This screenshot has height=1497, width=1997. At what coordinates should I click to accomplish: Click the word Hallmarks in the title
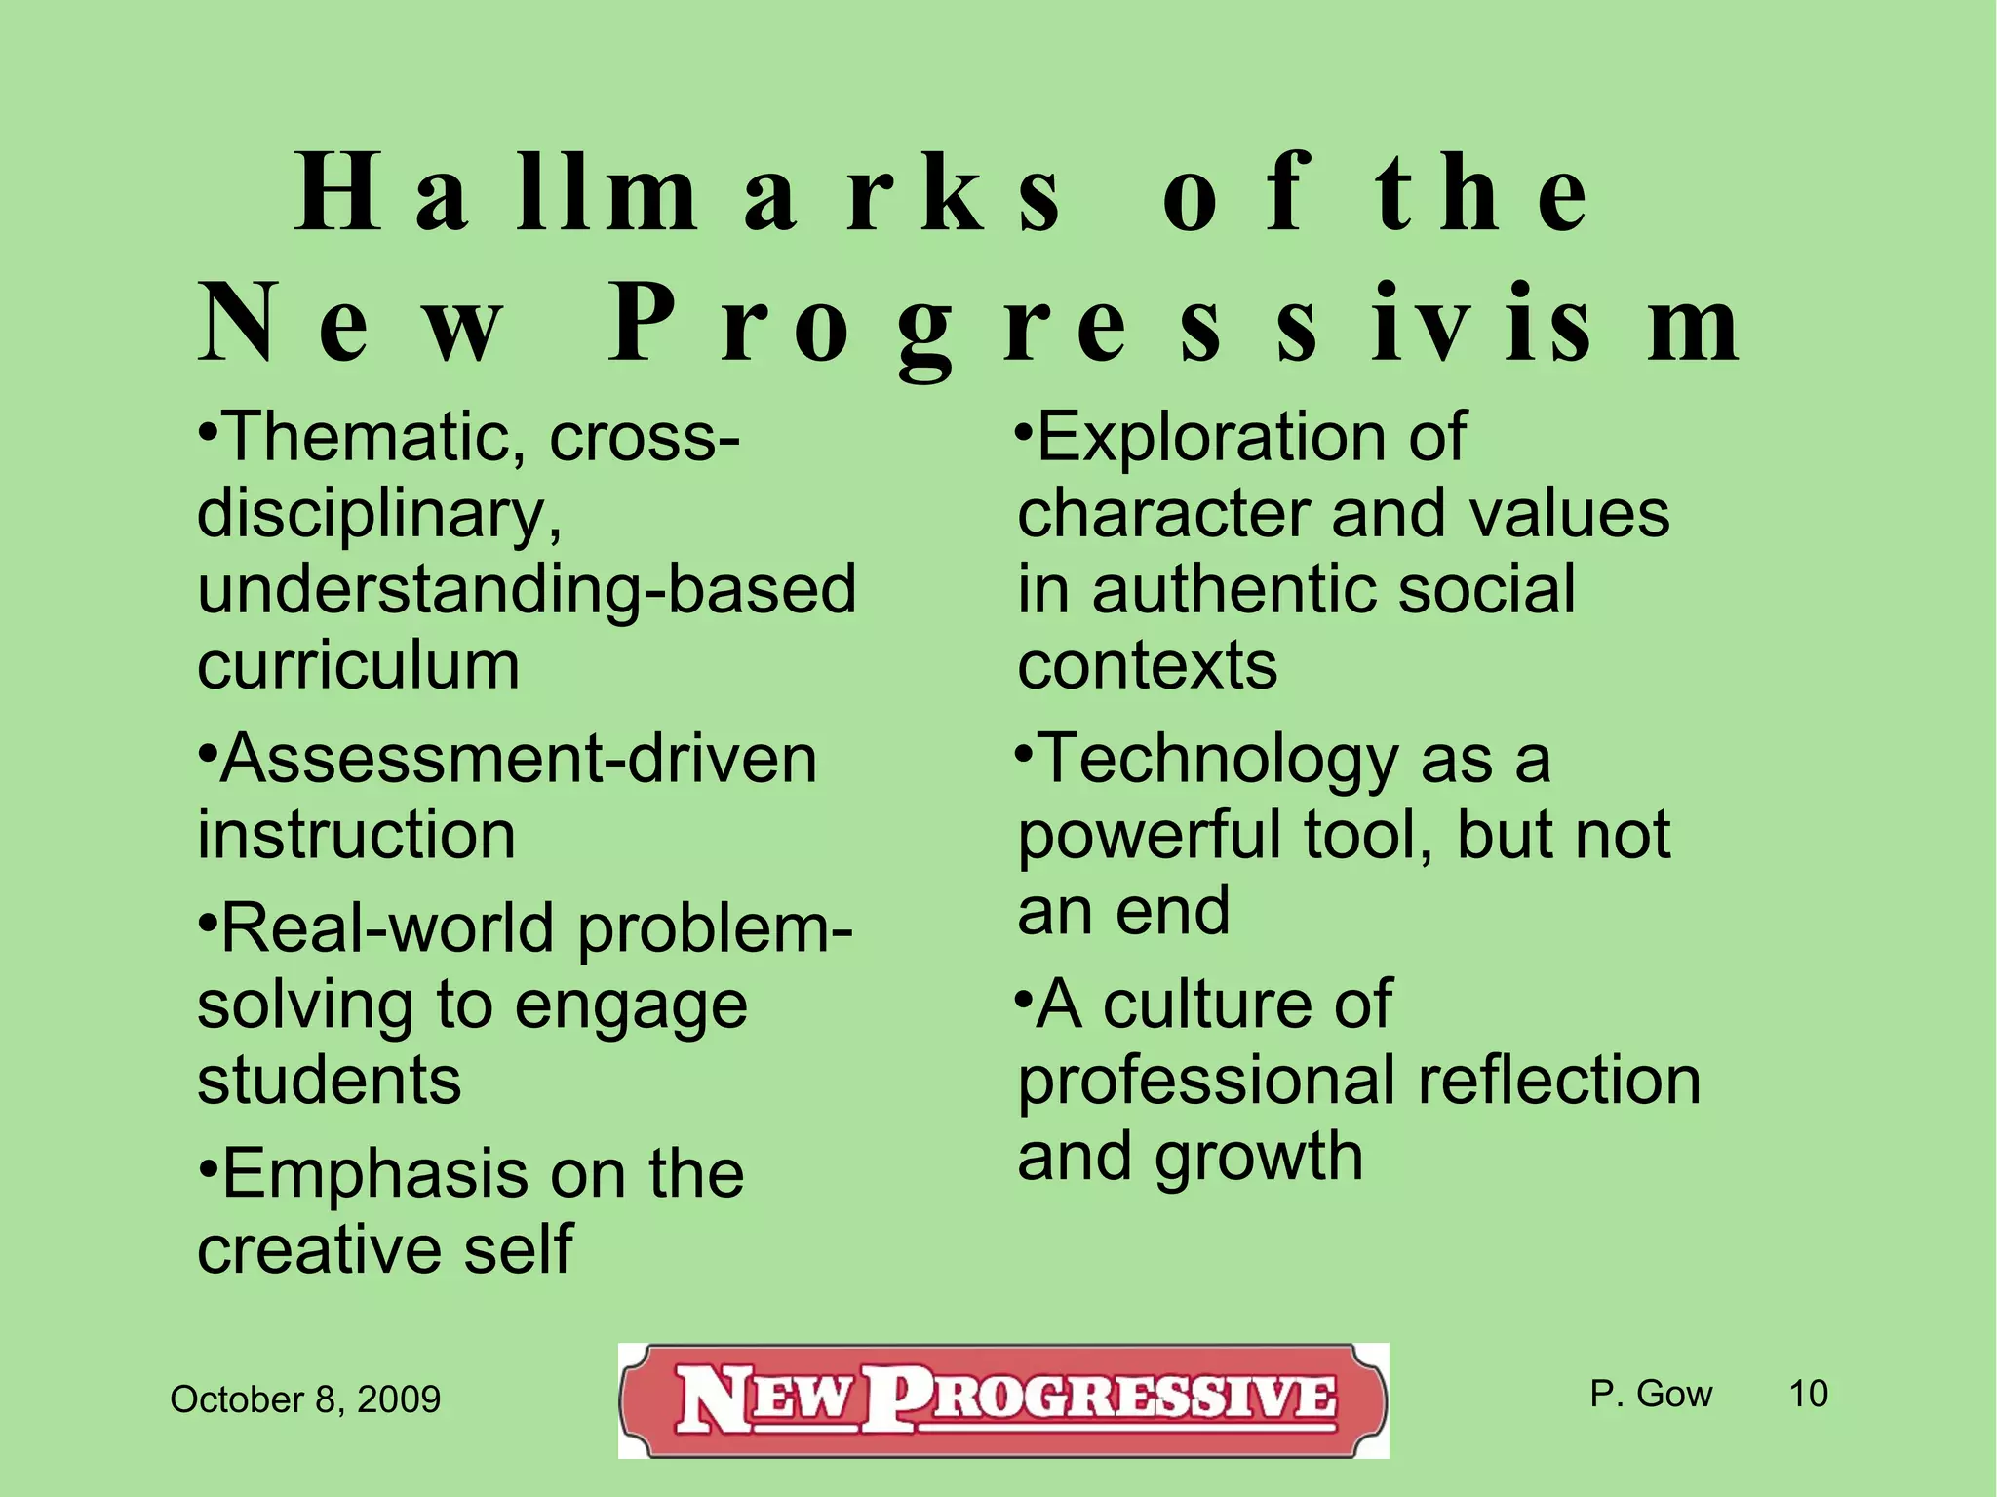click(x=678, y=194)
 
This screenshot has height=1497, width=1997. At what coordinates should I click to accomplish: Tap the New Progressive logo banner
click(x=1003, y=1400)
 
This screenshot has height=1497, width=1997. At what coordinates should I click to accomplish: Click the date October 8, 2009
click(x=305, y=1399)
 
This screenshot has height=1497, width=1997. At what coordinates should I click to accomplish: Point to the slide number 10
click(x=1808, y=1394)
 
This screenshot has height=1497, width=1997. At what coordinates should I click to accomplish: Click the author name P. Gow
click(x=1651, y=1394)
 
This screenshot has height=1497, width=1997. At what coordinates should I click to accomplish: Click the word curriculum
click(x=359, y=666)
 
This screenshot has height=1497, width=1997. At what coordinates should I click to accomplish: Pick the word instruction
click(x=357, y=836)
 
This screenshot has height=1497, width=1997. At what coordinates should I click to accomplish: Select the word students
click(x=330, y=1082)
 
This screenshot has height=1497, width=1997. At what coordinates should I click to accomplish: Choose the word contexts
click(x=1147, y=666)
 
